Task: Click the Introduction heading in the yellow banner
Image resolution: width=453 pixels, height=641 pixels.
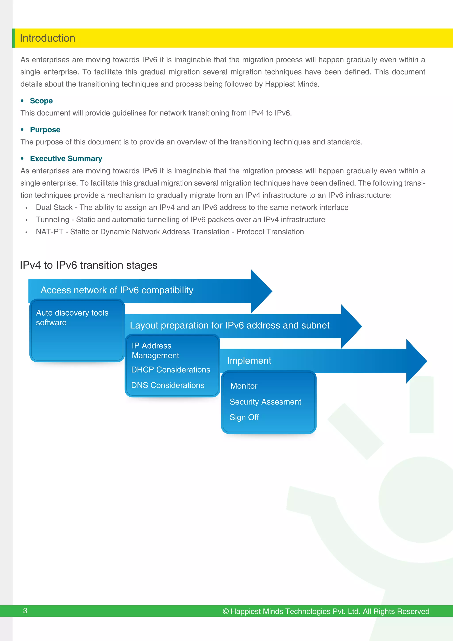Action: pos(48,38)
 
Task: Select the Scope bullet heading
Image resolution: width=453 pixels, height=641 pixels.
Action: pos(41,101)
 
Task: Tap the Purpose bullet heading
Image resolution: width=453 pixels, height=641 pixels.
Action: pos(45,130)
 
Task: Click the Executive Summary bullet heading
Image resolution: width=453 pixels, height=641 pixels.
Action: pos(66,159)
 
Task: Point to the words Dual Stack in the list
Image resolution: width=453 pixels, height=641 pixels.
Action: pos(54,207)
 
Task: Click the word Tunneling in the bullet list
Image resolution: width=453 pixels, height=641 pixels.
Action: pos(52,220)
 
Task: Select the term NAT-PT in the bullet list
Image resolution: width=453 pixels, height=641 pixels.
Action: pos(49,232)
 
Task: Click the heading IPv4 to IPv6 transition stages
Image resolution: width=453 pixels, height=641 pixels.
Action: pos(88,265)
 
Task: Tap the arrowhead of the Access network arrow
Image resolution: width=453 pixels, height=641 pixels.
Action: pos(261,291)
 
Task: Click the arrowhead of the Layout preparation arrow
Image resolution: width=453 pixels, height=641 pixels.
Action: pos(351,326)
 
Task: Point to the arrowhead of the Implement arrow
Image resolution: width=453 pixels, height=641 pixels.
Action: pos(416,361)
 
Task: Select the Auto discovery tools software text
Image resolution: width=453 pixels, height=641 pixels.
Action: pos(72,318)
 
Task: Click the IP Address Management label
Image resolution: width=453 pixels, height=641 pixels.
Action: pos(155,350)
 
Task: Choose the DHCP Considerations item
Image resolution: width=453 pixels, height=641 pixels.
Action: pos(171,370)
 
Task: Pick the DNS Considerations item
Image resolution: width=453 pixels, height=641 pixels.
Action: pos(167,385)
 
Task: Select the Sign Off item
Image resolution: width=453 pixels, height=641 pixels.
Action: pos(244,417)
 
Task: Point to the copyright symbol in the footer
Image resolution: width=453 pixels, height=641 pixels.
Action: pos(226,611)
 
